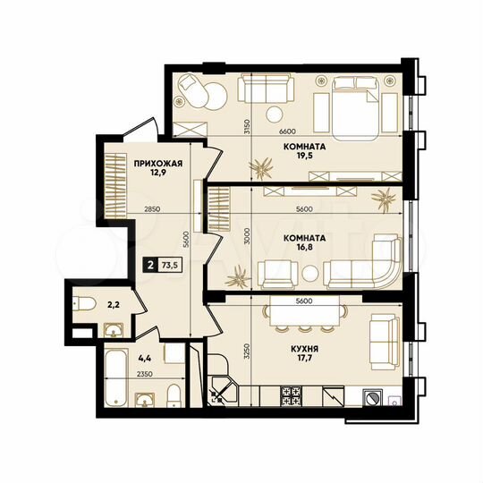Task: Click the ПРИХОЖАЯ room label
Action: click(158, 163)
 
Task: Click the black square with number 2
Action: click(148, 264)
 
